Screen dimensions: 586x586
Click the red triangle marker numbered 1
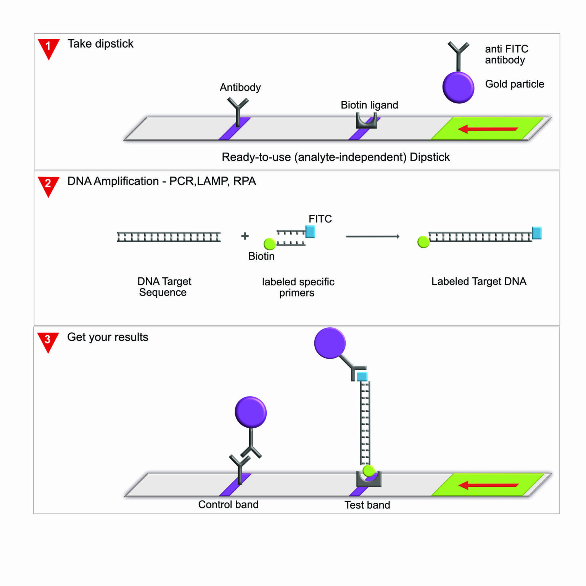(x=48, y=48)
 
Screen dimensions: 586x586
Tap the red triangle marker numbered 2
(x=48, y=185)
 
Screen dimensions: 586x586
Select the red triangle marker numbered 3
(x=48, y=341)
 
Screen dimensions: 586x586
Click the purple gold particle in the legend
(x=458, y=87)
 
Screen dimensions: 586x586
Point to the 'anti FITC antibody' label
(x=506, y=55)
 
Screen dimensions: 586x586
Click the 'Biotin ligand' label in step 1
(x=369, y=105)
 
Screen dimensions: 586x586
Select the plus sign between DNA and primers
(x=245, y=236)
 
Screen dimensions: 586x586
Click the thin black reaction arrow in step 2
(x=372, y=237)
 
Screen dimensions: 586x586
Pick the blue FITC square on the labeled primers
(x=310, y=232)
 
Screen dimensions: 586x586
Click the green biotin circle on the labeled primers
(x=270, y=244)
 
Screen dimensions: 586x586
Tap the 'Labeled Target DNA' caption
(x=478, y=282)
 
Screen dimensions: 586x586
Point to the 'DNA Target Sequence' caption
(x=164, y=287)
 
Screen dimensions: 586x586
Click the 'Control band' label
(x=228, y=505)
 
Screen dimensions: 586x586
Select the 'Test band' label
(x=367, y=505)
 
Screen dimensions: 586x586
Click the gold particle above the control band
(x=251, y=412)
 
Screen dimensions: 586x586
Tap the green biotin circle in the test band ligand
(x=369, y=471)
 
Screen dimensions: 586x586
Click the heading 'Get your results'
(x=108, y=337)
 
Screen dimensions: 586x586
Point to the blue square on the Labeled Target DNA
(x=537, y=233)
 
